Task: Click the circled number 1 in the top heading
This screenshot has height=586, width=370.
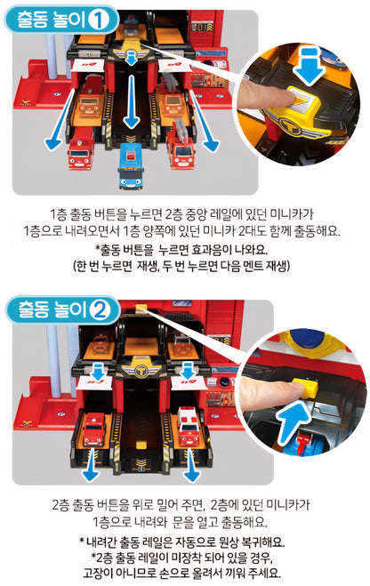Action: [99, 20]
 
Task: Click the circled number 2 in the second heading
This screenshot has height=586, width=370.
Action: [100, 310]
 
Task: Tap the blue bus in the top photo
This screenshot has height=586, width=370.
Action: [131, 165]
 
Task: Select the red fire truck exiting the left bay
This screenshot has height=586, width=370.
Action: [81, 149]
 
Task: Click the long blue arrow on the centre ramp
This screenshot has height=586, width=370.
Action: [132, 101]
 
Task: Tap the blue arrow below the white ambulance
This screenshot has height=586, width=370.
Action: [191, 466]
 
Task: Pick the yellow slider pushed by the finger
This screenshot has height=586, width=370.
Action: [304, 388]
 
